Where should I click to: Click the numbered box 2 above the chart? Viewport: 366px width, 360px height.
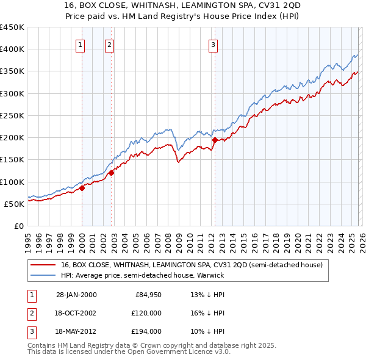[109, 44]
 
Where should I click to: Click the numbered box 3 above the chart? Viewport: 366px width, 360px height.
[213, 44]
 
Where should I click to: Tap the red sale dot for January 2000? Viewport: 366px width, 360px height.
[82, 189]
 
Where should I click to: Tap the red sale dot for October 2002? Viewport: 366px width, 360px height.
[112, 173]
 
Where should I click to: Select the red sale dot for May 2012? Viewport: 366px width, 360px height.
[215, 140]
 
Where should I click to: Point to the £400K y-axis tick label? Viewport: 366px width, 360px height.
[12, 49]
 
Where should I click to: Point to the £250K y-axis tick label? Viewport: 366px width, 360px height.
[12, 115]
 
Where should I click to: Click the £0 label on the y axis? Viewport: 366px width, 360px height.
[20, 226]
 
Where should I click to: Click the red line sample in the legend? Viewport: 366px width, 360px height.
[43, 265]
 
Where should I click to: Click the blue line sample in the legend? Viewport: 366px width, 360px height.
[43, 275]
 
